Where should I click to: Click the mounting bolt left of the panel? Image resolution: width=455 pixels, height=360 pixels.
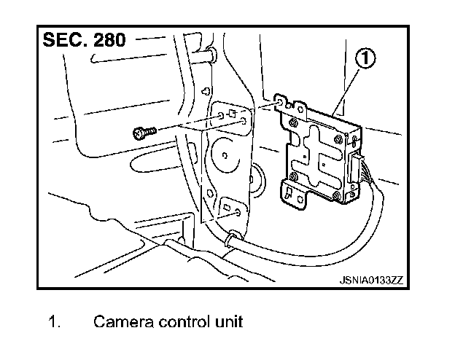[141, 133]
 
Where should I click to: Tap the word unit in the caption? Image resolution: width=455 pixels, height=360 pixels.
[230, 321]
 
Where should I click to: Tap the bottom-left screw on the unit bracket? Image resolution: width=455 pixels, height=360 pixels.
[292, 178]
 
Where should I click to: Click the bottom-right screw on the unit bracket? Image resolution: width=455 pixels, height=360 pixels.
[337, 195]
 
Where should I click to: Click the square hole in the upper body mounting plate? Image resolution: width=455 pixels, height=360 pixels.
[232, 114]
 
